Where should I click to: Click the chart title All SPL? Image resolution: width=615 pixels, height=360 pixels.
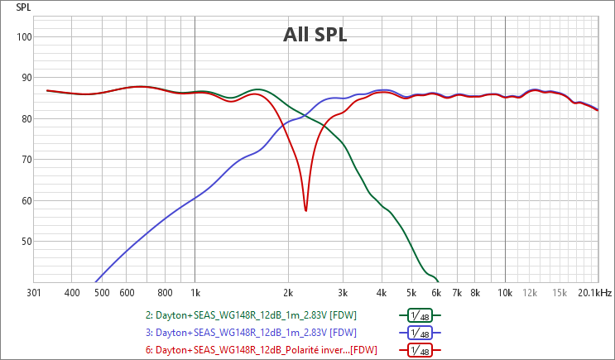(315, 36)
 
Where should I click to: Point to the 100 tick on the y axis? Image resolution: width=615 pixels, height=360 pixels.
(23, 36)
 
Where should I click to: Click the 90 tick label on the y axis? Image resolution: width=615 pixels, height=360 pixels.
(26, 78)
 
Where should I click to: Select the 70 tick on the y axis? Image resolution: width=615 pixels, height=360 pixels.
(26, 160)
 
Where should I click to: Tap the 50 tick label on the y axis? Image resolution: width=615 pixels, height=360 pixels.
(26, 242)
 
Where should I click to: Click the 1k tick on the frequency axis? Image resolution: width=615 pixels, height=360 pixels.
(195, 292)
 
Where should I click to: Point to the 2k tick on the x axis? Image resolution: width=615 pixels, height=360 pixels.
(288, 292)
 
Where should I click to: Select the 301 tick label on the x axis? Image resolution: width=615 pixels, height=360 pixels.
(34, 292)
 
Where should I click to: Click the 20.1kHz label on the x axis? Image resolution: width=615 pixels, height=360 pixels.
(595, 292)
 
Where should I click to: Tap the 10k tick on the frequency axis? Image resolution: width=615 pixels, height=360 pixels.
(505, 292)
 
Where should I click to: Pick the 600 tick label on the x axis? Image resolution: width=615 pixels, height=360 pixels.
(126, 292)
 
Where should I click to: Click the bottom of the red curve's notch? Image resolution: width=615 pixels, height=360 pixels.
(305, 210)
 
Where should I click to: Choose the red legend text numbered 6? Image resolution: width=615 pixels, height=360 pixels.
(259, 350)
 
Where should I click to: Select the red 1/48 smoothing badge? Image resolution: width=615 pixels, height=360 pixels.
(420, 350)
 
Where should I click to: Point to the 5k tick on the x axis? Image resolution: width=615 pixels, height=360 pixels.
(411, 292)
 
